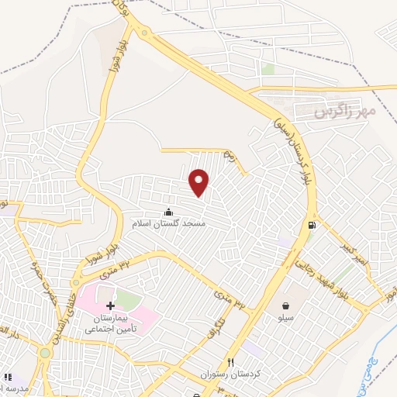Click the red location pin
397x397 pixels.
pos(200,182)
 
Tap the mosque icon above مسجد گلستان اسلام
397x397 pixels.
pos(168,212)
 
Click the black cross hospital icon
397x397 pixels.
pos(110,306)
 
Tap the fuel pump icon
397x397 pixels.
pos(311,226)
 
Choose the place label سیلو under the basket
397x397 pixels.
pos(286,318)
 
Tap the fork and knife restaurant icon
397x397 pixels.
pos(230,363)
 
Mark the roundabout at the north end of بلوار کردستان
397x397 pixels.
pos(144,33)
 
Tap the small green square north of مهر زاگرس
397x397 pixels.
pos(268,69)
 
